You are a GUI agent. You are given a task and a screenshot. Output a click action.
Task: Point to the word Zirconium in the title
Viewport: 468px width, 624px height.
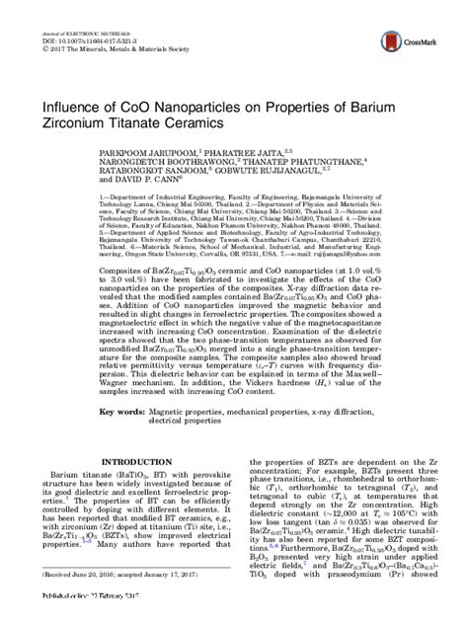point(102,126)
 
